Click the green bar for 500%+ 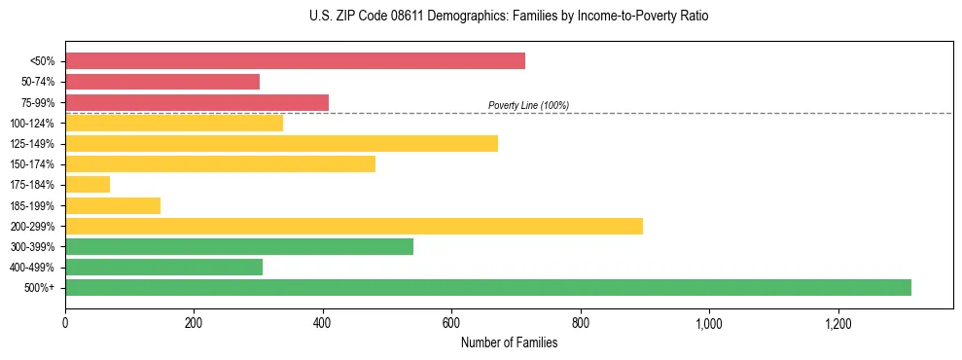tap(488, 287)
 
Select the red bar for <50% tap(295, 61)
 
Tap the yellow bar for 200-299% tap(354, 226)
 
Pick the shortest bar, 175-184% tap(88, 184)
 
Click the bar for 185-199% tap(113, 205)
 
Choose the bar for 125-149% tap(281, 143)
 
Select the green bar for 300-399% tap(239, 246)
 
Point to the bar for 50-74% tap(162, 82)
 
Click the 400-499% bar tap(163, 267)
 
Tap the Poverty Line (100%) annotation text tap(528, 105)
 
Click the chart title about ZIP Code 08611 tap(481, 17)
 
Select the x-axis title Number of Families tap(509, 342)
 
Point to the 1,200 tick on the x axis tap(837, 323)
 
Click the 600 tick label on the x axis tap(451, 323)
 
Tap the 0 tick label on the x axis tap(65, 323)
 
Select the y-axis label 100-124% tap(35, 123)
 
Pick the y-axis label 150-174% tap(35, 164)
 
